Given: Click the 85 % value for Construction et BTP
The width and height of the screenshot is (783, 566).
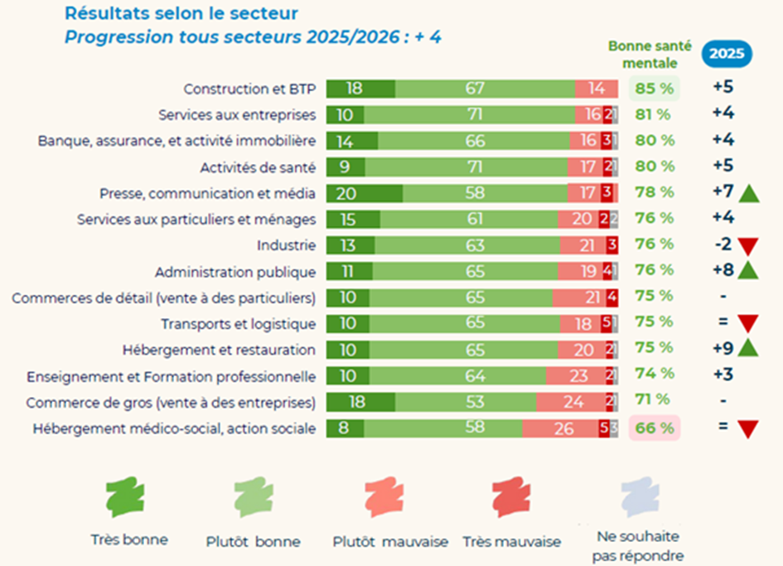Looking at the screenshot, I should tap(655, 87).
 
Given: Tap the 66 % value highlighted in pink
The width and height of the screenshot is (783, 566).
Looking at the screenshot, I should tap(655, 428).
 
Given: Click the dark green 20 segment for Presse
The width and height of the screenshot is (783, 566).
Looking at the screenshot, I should tap(364, 193).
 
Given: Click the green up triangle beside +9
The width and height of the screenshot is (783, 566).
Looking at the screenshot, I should tap(749, 350).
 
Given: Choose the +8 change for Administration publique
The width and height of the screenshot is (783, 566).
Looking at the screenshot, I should tap(722, 271).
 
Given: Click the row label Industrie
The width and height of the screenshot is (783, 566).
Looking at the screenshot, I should tap(286, 245).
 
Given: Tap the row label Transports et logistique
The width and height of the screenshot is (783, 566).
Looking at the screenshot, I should tap(238, 324).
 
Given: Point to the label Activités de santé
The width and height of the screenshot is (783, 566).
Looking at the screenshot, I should tap(258, 167).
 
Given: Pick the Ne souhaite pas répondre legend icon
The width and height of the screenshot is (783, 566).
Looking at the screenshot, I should tap(640, 498).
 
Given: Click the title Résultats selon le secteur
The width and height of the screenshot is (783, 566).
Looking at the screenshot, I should tap(181, 13).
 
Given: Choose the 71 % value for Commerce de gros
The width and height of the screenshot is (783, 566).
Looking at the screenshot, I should tap(653, 400).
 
